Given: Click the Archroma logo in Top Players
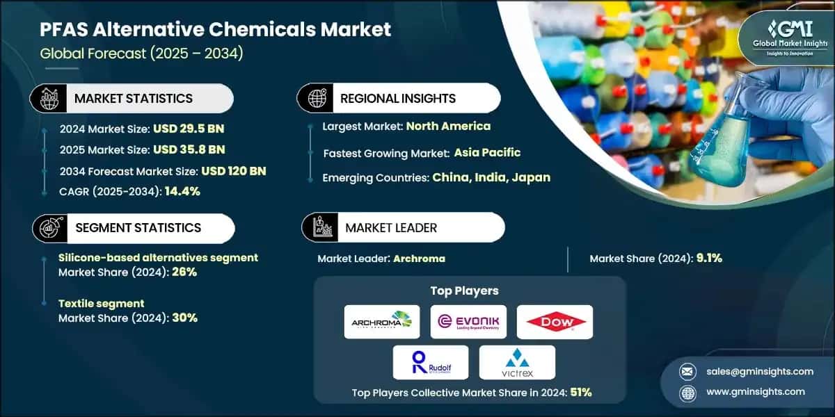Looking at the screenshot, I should [x=382, y=322].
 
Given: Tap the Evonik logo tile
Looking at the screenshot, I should [x=468, y=322].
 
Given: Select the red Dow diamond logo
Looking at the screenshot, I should [x=555, y=322].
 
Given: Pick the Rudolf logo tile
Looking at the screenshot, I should [x=430, y=362].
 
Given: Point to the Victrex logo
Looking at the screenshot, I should [x=518, y=362].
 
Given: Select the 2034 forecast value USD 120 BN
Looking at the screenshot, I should [x=234, y=170].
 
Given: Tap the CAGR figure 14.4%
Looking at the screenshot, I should [x=182, y=191].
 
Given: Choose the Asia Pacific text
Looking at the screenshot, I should [x=487, y=152].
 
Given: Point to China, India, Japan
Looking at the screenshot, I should [x=491, y=177].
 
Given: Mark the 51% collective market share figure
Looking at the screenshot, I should [x=580, y=392].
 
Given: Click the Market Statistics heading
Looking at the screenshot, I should [x=134, y=98].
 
